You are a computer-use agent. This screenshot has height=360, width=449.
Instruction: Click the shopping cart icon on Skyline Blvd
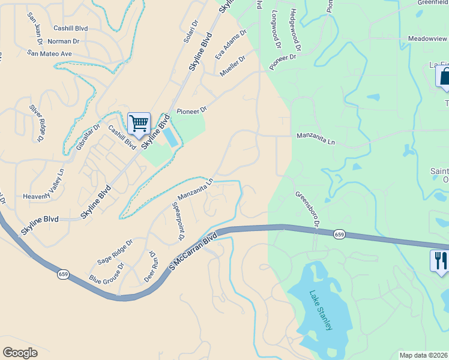(139, 124)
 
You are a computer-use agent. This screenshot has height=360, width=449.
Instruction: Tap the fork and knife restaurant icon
(439, 260)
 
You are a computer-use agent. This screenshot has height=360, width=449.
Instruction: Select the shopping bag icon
(444, 77)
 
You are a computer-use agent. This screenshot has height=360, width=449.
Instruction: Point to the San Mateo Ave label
(49, 53)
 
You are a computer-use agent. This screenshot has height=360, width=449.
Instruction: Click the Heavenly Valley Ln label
(43, 185)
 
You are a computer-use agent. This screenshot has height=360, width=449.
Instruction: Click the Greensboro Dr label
(306, 209)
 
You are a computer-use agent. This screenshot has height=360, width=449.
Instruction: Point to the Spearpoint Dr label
(178, 221)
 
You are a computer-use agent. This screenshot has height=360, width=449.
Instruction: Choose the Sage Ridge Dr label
(114, 252)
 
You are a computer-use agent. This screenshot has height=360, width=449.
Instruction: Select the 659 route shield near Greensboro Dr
(340, 234)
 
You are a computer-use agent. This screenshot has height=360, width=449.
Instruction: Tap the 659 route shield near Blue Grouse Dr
(63, 274)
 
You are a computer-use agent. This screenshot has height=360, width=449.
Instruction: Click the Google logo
(20, 352)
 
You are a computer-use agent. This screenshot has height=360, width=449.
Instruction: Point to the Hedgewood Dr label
(295, 29)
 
